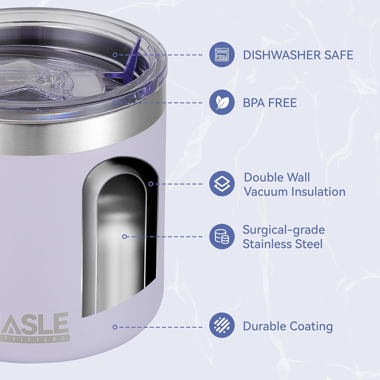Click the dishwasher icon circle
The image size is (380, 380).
[x=222, y=54]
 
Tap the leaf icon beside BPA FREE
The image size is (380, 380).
[x=222, y=102]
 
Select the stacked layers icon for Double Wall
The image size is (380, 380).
[x=222, y=184]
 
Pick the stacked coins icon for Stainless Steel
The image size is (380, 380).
[x=222, y=236]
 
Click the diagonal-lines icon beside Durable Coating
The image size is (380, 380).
[x=222, y=325]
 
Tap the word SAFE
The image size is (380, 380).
[x=338, y=55]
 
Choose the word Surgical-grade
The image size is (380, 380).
[x=283, y=230]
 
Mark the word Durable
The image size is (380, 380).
[x=264, y=326]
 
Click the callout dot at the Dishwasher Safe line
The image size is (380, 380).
[x=115, y=55]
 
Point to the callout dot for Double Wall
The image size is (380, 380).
[x=151, y=184]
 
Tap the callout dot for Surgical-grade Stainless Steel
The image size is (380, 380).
[x=124, y=237]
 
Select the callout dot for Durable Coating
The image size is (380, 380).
[x=115, y=327]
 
